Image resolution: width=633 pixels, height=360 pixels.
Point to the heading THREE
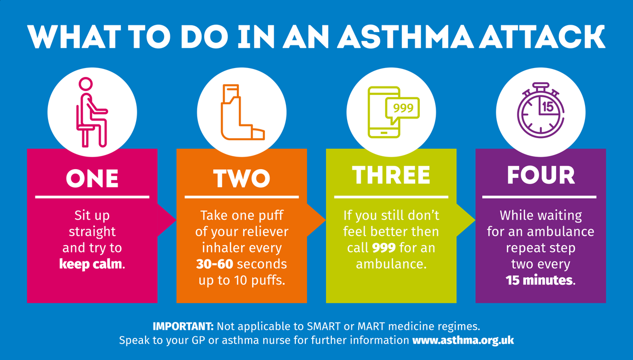[x=391, y=176]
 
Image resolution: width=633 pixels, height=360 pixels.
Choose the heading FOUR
[x=541, y=175]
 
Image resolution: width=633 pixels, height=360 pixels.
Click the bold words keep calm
[x=90, y=264]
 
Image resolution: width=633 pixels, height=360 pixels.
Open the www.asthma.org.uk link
[x=463, y=340]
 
